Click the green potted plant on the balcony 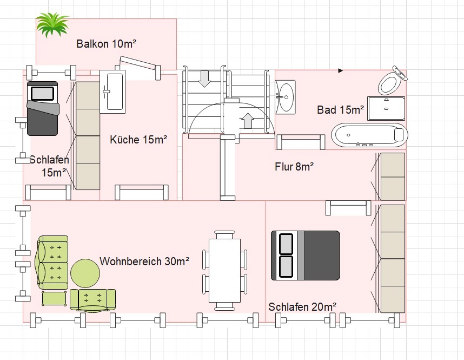point(52,25)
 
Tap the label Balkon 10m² point(106,44)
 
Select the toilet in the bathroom point(390,82)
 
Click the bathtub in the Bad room point(369,135)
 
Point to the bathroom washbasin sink point(285,97)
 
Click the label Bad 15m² point(340,110)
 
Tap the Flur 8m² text point(294,166)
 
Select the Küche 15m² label point(138,140)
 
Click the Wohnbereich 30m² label point(144,261)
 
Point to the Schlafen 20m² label point(302,307)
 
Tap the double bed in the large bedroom point(306,256)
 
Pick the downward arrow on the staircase point(204,78)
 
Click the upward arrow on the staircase point(247,120)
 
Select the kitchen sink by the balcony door point(113,92)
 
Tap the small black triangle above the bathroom point(341,70)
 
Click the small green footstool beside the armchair point(54,298)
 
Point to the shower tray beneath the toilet point(386,108)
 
